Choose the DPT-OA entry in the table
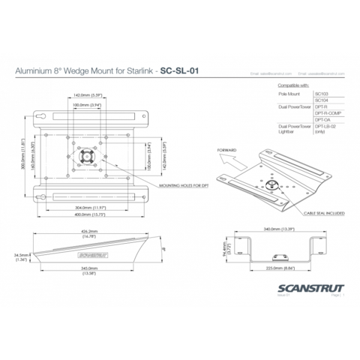point(323,118)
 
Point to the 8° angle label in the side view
point(163,244)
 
